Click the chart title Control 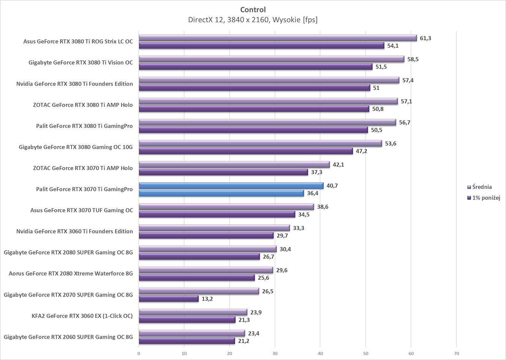(253, 10)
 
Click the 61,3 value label (426, 38)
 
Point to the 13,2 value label (207, 299)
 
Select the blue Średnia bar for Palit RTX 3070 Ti (231, 186)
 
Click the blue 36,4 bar (221, 193)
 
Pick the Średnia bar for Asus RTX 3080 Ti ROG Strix (277, 38)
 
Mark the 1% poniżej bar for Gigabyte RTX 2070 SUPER (169, 299)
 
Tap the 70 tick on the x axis (456, 354)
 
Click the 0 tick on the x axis (139, 354)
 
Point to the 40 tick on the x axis (320, 354)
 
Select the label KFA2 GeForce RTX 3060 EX (82, 316)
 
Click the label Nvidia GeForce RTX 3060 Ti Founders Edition (74, 231)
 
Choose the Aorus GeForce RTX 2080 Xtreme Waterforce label (71, 273)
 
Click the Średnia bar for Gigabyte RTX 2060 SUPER (192, 333)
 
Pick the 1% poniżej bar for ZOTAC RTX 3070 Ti (223, 172)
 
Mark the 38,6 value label (323, 207)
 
